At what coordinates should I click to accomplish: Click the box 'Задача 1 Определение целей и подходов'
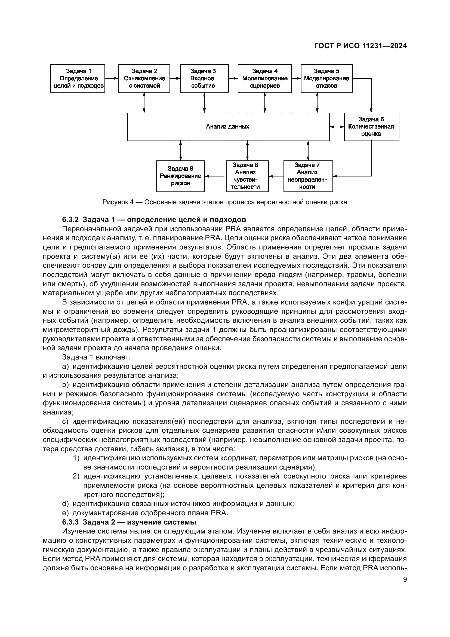point(78,78)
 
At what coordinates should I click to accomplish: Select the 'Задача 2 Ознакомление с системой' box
point(144,78)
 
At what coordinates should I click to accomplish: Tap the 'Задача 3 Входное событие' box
point(204,78)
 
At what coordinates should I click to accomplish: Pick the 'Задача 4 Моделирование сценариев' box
point(265,78)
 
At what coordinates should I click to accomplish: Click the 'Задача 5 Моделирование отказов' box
point(327,78)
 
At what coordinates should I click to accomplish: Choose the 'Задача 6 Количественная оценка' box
point(371,127)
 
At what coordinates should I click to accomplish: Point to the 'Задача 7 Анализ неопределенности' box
point(308,176)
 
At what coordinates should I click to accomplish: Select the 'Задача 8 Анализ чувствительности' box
point(247,176)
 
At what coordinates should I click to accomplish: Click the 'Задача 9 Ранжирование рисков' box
point(180,176)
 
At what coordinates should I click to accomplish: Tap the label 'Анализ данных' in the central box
point(227,127)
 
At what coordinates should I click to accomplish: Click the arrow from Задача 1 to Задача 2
point(111,78)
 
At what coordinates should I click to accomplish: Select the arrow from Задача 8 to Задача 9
point(215,176)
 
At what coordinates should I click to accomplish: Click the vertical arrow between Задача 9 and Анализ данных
point(181,151)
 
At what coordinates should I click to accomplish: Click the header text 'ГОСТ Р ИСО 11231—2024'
point(360,46)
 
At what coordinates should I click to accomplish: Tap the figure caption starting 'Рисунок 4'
point(225,202)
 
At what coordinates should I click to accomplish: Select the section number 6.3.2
point(70,220)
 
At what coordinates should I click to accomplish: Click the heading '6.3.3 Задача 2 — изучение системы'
point(129,522)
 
